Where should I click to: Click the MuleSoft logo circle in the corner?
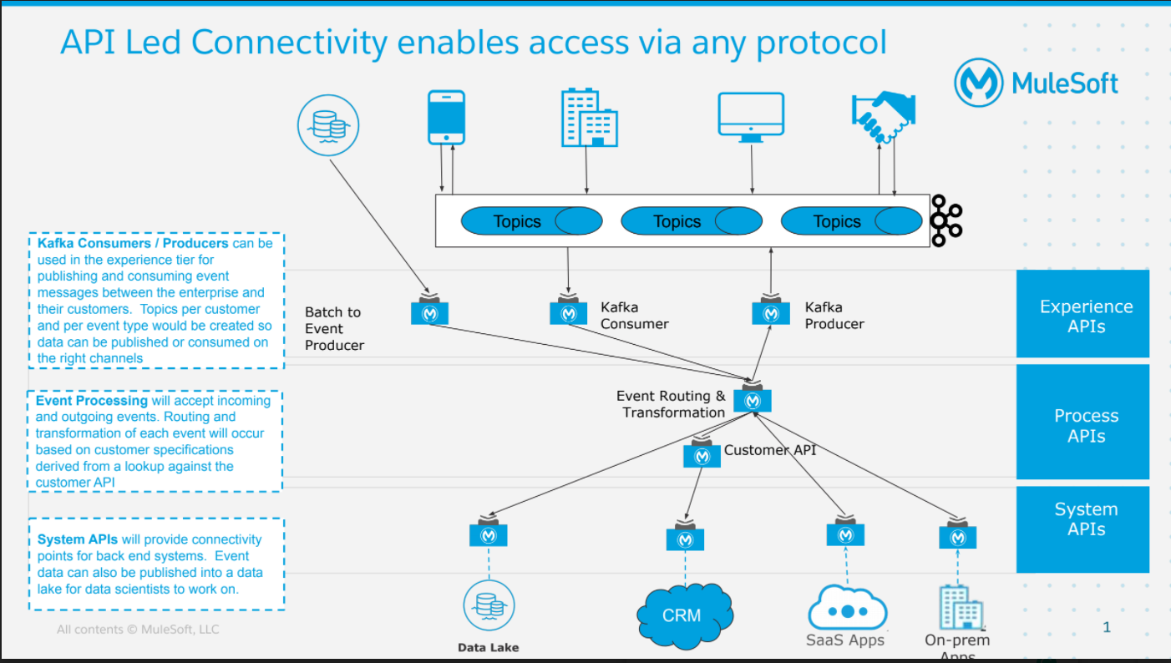[x=978, y=83]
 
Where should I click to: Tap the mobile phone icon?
[x=446, y=117]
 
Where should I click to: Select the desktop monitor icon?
[x=751, y=117]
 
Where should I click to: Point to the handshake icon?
[x=884, y=117]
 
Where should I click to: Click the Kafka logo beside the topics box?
[x=946, y=220]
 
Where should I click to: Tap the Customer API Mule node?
[x=702, y=453]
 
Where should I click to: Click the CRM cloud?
[x=685, y=616]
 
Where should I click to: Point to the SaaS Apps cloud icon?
[x=848, y=608]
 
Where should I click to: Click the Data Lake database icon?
[x=489, y=605]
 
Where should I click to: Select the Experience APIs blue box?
[x=1082, y=313]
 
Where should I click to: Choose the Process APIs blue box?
[x=1082, y=423]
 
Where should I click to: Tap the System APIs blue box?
[x=1082, y=529]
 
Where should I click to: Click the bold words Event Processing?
[x=92, y=401]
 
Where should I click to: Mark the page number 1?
[x=1107, y=627]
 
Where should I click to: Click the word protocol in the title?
[x=821, y=43]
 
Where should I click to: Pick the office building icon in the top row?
[x=589, y=118]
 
